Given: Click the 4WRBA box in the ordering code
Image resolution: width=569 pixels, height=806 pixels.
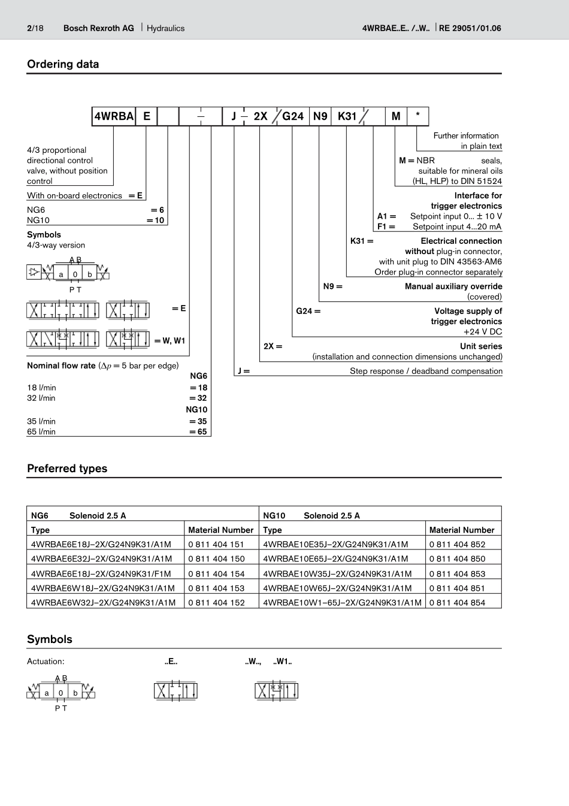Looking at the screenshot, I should pos(114,116).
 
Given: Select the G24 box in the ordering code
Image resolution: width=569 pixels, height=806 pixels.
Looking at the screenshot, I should pos(293,116).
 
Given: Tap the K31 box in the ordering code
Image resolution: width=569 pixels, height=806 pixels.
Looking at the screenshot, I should pos(347,116).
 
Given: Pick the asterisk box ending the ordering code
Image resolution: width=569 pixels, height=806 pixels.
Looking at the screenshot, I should pos(417,116).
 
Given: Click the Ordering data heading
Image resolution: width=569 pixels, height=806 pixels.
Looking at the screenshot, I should pos(63,64).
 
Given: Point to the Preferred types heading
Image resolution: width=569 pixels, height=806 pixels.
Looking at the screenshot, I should pos(67,469).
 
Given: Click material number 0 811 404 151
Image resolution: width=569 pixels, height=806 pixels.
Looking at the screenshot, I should pos(216,544).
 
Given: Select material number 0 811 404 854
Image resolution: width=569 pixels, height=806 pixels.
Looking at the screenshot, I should pos(457,602).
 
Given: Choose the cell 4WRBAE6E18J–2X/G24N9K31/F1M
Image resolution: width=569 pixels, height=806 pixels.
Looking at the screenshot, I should pos(101,573).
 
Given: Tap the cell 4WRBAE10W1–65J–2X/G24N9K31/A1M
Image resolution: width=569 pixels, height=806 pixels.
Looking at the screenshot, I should pos(342,602).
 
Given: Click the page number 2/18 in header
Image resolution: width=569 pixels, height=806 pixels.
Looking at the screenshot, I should pos(35,28).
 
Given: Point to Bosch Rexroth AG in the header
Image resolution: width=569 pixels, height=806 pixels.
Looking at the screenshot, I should pos(99,28).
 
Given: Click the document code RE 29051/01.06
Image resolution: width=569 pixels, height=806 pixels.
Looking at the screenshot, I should pos(470,28).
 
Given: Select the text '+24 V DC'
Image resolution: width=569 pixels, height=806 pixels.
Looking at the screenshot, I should pos(483,331).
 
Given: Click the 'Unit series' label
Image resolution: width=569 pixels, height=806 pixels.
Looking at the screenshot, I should pos(481,346).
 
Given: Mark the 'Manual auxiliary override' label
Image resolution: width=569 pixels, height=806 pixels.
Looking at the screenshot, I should pos(453,286).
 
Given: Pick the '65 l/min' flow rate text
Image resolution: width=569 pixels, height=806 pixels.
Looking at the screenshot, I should pos(41,431).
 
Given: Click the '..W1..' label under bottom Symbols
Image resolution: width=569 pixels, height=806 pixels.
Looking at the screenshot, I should pos(283,662).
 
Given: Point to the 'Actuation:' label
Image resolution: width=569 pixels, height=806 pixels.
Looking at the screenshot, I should pos(46,662).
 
